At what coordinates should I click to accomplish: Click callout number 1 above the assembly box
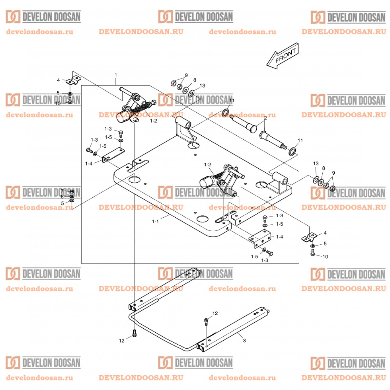pos(116,75)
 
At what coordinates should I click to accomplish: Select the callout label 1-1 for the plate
pos(155,222)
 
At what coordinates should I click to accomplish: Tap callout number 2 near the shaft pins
pos(265,118)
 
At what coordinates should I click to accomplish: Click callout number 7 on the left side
pos(62,191)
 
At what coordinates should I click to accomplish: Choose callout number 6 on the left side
pos(62,197)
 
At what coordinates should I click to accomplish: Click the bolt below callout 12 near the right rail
pos(206,321)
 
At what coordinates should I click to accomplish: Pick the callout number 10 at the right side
pos(325,257)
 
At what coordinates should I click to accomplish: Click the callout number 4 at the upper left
pos(58,80)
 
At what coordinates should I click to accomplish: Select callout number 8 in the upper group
pos(195,80)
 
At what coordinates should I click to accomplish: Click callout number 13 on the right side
pos(316,164)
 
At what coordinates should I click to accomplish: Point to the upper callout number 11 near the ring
pos(232,100)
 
